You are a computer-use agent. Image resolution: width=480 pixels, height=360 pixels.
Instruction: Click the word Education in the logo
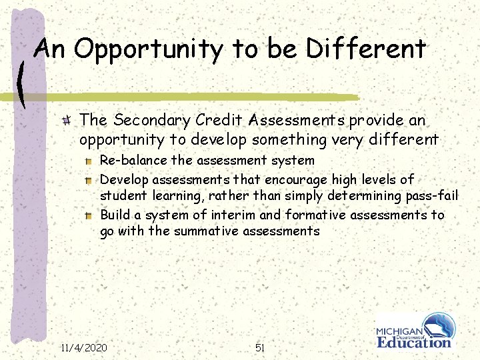[414, 343]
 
